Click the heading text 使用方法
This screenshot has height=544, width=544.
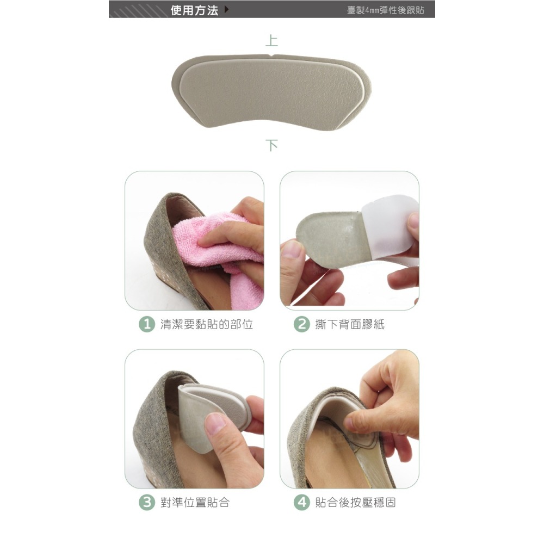point(194,10)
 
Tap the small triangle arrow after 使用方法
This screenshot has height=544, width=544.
point(226,9)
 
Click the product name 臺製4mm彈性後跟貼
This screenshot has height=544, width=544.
point(386,10)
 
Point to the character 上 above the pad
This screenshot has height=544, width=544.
point(271,41)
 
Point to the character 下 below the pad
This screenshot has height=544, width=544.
point(271,145)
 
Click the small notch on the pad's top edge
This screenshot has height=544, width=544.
point(271,55)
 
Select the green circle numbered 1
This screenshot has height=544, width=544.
point(147,324)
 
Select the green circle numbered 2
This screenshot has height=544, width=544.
point(301,324)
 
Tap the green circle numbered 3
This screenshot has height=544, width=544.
point(147,502)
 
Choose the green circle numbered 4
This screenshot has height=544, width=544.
point(301,502)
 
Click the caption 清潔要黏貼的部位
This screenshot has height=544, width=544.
point(206,324)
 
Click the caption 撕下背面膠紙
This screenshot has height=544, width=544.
point(350,324)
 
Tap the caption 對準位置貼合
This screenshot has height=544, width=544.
point(195,502)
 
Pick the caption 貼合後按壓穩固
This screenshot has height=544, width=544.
point(355,502)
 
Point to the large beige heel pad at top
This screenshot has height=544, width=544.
point(271,91)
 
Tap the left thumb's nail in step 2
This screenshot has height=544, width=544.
point(292,249)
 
